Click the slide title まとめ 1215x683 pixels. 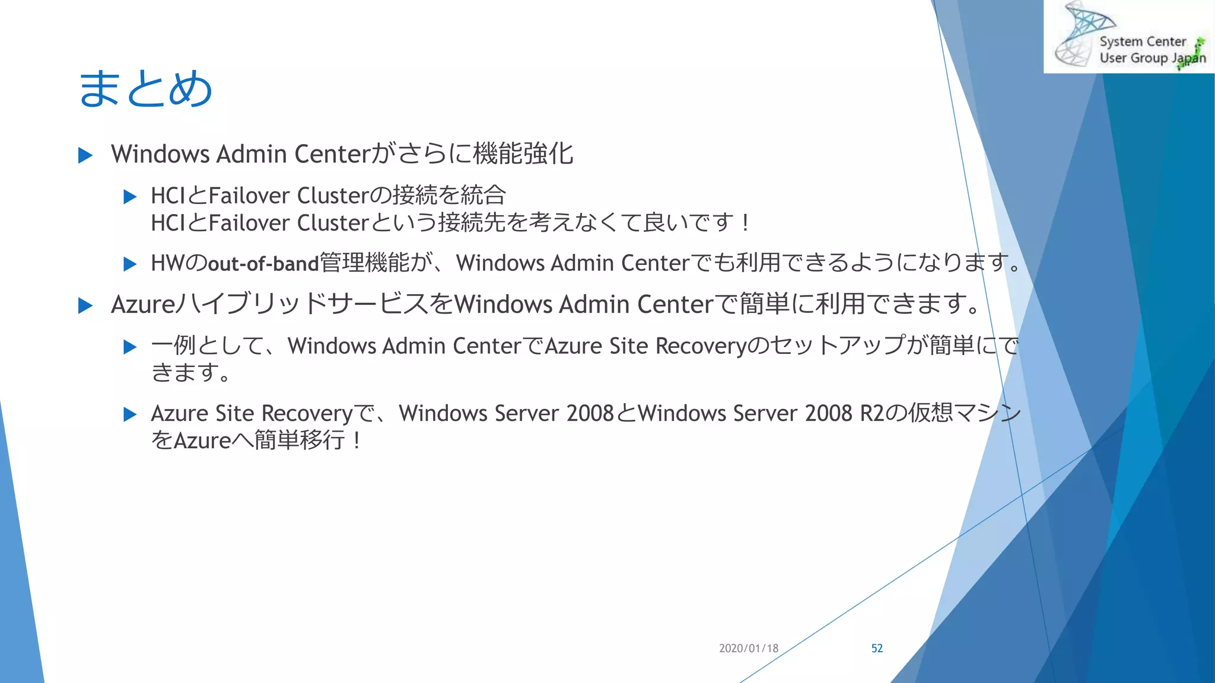pos(145,89)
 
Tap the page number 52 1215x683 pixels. pos(877,649)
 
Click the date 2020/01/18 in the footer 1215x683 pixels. pos(749,649)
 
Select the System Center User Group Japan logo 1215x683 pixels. pos(1128,37)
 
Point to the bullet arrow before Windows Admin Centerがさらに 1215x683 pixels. pos(85,156)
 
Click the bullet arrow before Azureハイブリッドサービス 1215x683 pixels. pos(85,306)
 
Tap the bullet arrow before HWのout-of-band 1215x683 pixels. pos(130,264)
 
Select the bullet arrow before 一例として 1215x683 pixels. pos(130,347)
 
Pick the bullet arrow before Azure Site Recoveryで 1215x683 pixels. pos(130,414)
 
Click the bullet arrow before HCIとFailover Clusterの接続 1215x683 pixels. pos(130,197)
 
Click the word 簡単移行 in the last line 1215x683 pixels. pos(300,441)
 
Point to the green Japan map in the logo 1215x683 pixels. pos(1192,53)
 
